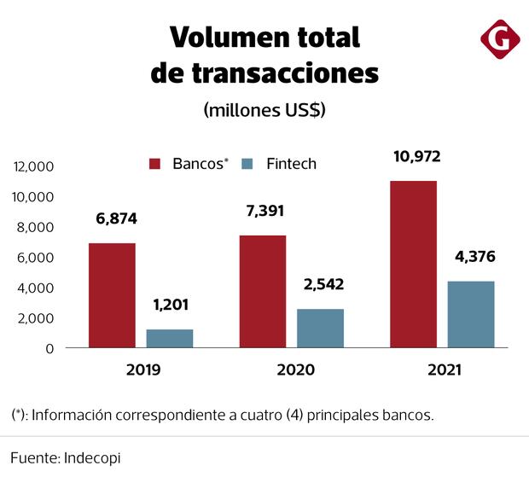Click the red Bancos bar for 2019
pyautogui.click(x=112, y=295)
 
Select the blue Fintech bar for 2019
pyautogui.click(x=169, y=338)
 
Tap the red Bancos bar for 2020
pyautogui.click(x=262, y=291)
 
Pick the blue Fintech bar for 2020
pyautogui.click(x=320, y=328)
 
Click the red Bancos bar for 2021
pyautogui.click(x=413, y=264)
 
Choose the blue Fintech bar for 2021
pyautogui.click(x=470, y=314)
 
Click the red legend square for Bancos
pyautogui.click(x=155, y=164)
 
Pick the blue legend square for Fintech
pyautogui.click(x=248, y=164)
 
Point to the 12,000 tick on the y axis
pyautogui.click(x=33, y=166)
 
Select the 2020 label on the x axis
pyautogui.click(x=295, y=370)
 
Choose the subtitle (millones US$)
pyautogui.click(x=264, y=110)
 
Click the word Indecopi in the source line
pyautogui.click(x=91, y=458)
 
